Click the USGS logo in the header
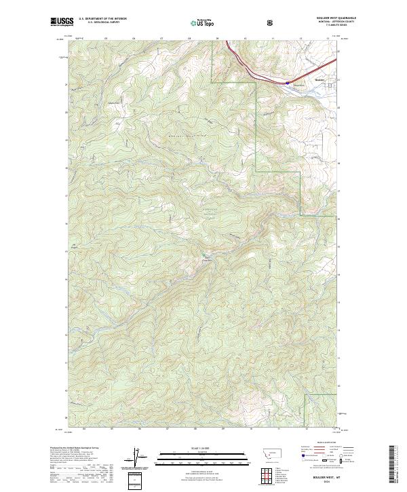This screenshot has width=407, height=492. point(61,22)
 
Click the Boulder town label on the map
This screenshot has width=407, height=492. point(321,80)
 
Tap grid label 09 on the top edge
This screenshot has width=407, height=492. point(217,39)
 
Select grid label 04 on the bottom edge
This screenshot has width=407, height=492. point(84,429)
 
